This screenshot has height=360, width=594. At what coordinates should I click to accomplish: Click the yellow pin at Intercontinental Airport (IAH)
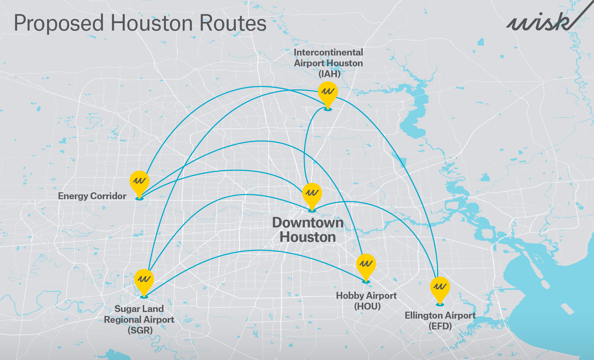pos(328,92)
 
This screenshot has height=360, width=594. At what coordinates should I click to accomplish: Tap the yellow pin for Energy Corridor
pos(139,181)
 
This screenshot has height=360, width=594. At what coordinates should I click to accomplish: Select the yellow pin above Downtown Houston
pos(312,194)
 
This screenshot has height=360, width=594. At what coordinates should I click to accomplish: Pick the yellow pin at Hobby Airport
pos(366,265)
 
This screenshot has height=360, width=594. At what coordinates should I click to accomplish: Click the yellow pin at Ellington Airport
pos(440,287)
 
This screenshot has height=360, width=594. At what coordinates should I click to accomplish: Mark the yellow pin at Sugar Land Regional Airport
pos(144,280)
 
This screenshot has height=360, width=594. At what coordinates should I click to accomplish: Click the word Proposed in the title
pos(59,23)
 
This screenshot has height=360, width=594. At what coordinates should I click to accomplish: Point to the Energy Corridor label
pos(92,196)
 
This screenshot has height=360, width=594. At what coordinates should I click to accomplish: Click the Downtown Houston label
pos(308,230)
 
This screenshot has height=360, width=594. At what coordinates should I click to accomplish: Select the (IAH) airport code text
pos(329,74)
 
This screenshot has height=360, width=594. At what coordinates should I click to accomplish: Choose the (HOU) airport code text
pos(367,306)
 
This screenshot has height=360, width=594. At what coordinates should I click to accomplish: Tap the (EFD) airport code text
pos(440,326)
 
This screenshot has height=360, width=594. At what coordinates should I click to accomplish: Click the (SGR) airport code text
pos(140,330)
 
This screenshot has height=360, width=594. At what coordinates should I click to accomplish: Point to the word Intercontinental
pos(328,52)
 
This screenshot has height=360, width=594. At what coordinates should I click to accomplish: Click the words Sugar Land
pos(139,309)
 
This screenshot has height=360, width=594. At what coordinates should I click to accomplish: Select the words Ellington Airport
pos(440,315)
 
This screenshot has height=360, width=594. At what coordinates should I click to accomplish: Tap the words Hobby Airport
pos(366,295)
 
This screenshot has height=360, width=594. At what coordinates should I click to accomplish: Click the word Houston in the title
pos(151,23)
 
